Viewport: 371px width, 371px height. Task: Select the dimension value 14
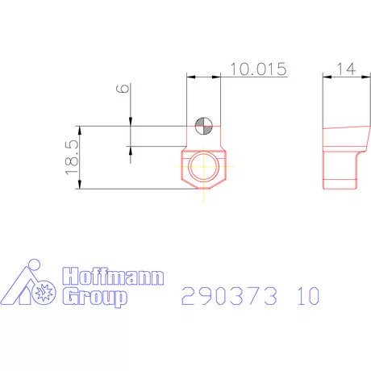(348, 69)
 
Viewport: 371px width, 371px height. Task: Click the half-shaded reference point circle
(203, 125)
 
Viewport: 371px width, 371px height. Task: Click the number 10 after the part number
(307, 296)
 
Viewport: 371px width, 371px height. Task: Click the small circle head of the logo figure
(33, 265)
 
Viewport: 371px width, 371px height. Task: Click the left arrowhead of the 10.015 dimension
(190, 76)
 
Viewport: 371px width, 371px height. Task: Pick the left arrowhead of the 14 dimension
(326, 76)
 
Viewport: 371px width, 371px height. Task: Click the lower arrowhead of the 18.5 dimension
(81, 186)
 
